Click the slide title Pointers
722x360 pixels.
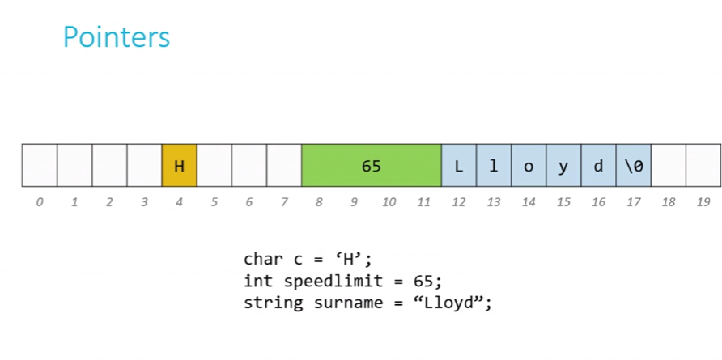point(117,37)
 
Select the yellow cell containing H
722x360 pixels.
point(179,165)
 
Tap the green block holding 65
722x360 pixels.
point(372,165)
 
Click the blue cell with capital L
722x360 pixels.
point(459,165)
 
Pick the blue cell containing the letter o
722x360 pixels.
point(529,165)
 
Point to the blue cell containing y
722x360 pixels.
point(563,165)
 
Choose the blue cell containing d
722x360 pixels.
point(599,165)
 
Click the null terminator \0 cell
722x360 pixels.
point(634,165)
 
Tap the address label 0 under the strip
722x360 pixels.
point(40,202)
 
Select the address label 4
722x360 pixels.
point(179,202)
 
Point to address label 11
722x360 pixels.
point(423,202)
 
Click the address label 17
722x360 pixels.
point(634,202)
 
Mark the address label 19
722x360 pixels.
point(703,202)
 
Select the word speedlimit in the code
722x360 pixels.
point(333,282)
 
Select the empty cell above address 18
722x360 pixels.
point(669,165)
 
